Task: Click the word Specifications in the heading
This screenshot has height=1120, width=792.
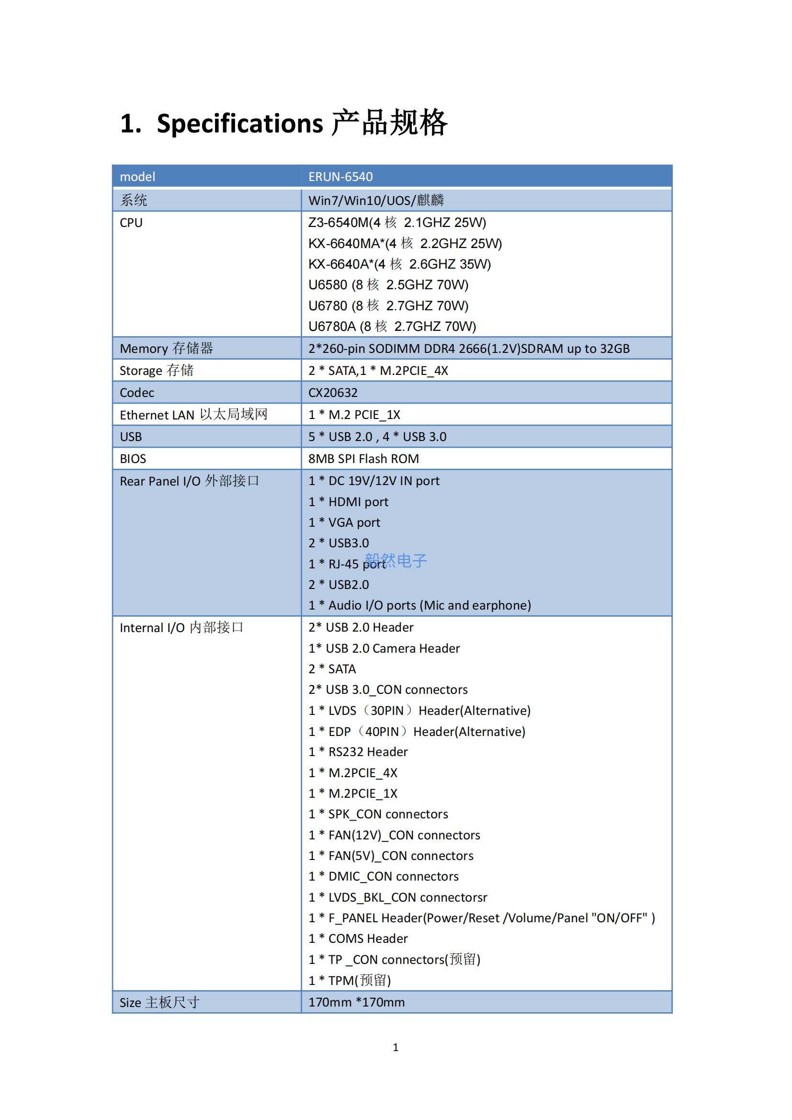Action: click(239, 124)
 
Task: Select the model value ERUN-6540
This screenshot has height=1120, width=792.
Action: click(340, 177)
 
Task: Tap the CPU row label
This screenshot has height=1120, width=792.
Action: click(131, 223)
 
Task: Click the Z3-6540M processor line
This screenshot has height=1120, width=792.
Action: click(397, 223)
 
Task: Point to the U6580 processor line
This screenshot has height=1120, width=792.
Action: click(388, 285)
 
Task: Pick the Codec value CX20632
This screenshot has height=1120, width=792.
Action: click(333, 393)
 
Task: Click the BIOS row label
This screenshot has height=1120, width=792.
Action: click(133, 459)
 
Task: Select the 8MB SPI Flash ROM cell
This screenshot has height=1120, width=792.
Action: click(363, 459)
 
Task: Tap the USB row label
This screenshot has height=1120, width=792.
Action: click(131, 437)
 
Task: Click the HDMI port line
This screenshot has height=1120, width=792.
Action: click(348, 502)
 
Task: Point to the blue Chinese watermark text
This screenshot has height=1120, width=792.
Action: click(396, 561)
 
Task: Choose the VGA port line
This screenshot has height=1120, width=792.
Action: click(344, 523)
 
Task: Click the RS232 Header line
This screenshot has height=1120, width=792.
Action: click(358, 752)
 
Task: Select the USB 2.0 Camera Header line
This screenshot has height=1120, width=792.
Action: click(385, 649)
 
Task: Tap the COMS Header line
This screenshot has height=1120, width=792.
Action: click(358, 939)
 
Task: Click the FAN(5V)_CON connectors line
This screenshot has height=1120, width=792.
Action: click(391, 856)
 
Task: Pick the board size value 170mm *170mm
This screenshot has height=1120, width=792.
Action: click(357, 1002)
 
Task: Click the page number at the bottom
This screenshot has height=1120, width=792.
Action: click(396, 1047)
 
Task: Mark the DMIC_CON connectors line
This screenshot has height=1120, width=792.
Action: click(384, 877)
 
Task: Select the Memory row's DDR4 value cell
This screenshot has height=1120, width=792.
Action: click(469, 349)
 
